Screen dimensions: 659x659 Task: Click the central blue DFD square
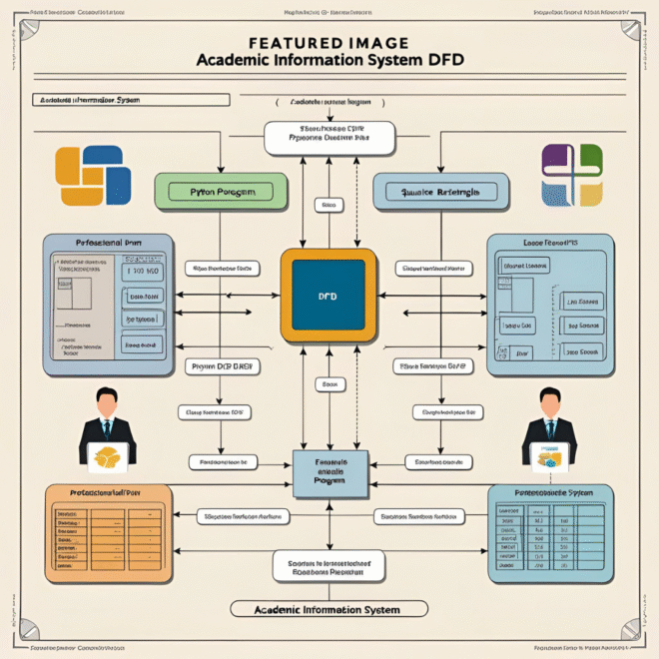click(328, 297)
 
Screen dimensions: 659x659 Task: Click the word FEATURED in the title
click(247, 43)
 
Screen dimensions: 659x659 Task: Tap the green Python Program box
click(221, 190)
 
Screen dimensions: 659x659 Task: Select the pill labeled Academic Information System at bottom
click(329, 609)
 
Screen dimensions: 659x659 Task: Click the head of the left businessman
click(107, 402)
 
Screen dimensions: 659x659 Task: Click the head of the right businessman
click(550, 403)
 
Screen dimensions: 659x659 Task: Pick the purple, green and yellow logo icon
click(572, 175)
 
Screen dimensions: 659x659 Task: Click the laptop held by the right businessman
click(550, 457)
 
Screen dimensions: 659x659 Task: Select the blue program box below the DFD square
click(329, 471)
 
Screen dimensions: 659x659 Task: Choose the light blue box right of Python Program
click(440, 191)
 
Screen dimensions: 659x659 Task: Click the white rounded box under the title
click(329, 137)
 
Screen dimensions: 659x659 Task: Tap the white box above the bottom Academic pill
click(329, 566)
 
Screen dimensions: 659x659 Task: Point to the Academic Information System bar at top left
click(130, 100)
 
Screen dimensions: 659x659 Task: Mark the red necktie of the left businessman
click(107, 428)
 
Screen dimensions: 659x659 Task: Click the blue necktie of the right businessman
click(550, 428)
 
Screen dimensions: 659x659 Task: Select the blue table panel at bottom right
click(548, 533)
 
